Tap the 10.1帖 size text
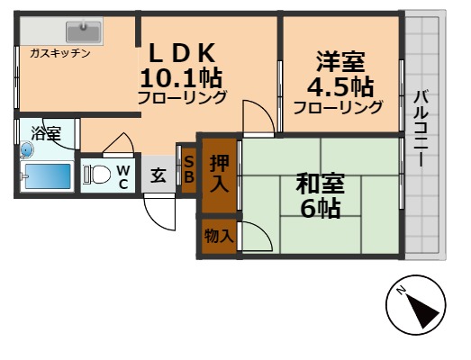click(x=180, y=76)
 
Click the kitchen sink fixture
click(x=78, y=33)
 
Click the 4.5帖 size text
click(x=340, y=86)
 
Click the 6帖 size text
click(x=320, y=209)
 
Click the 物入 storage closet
click(x=219, y=236)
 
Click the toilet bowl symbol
click(x=98, y=173)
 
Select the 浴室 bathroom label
click(x=46, y=134)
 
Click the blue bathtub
click(x=47, y=176)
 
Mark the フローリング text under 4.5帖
click(x=338, y=107)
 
